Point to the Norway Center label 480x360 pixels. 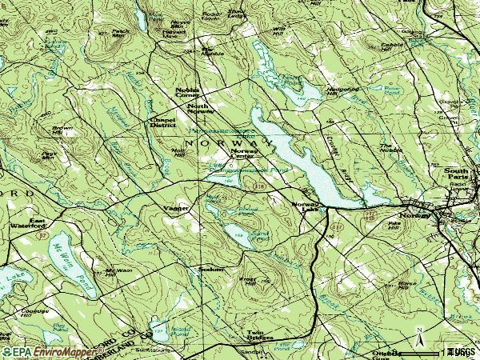(244, 153)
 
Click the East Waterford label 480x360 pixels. (44, 223)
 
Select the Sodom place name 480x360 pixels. (210, 270)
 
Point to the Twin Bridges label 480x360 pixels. (260, 335)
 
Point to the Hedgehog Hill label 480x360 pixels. (340, 90)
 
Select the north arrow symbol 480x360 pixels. (418, 331)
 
